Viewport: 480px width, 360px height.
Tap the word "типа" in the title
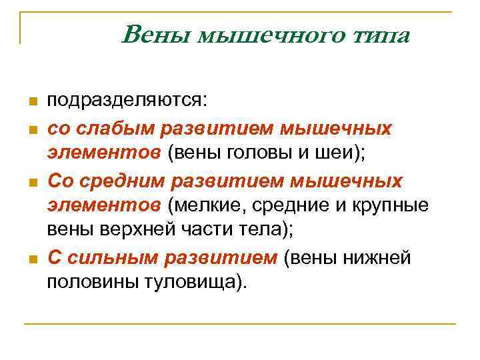pos(383,34)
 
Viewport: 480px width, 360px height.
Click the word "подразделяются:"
pos(127,101)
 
